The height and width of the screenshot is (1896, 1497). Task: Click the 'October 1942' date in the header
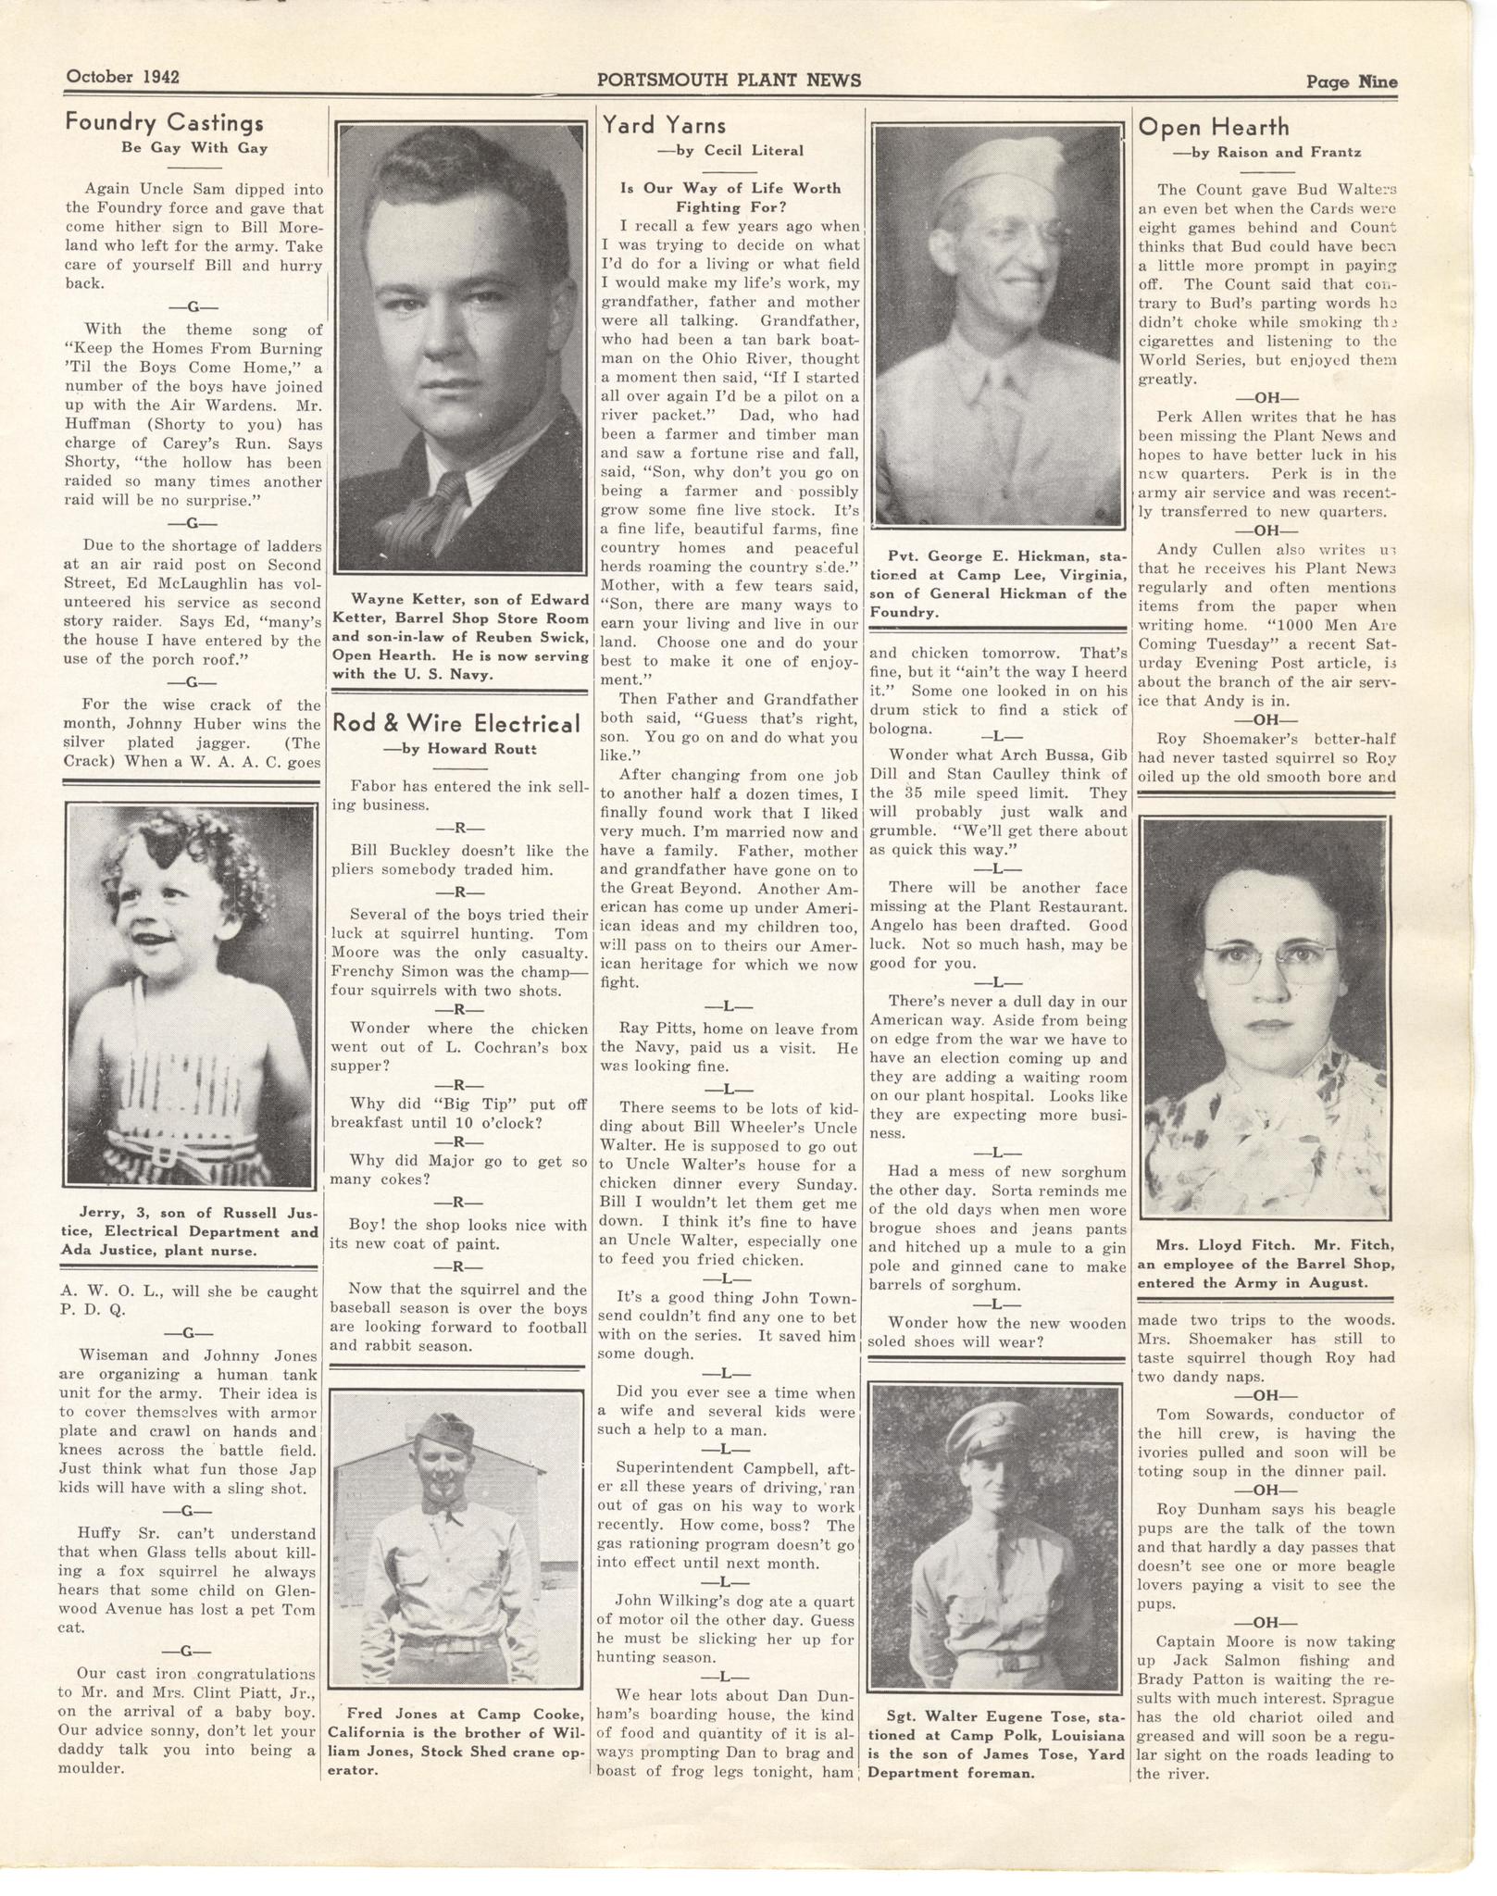coord(121,77)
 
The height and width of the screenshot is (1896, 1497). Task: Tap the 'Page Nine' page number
coord(1351,81)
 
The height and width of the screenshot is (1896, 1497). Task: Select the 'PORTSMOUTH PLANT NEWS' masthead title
coord(729,80)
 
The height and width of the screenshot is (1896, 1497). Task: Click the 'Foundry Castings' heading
coord(165,123)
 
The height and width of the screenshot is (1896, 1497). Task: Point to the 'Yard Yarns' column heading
coord(664,125)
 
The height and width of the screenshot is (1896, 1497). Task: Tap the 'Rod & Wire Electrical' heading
coord(456,723)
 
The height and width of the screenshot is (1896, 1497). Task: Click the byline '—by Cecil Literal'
coord(730,150)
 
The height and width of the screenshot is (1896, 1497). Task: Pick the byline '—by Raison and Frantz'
coord(1266,152)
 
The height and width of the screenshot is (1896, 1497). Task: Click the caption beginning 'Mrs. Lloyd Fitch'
coord(1266,1265)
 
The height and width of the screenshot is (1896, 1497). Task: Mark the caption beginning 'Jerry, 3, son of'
coord(192,1232)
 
